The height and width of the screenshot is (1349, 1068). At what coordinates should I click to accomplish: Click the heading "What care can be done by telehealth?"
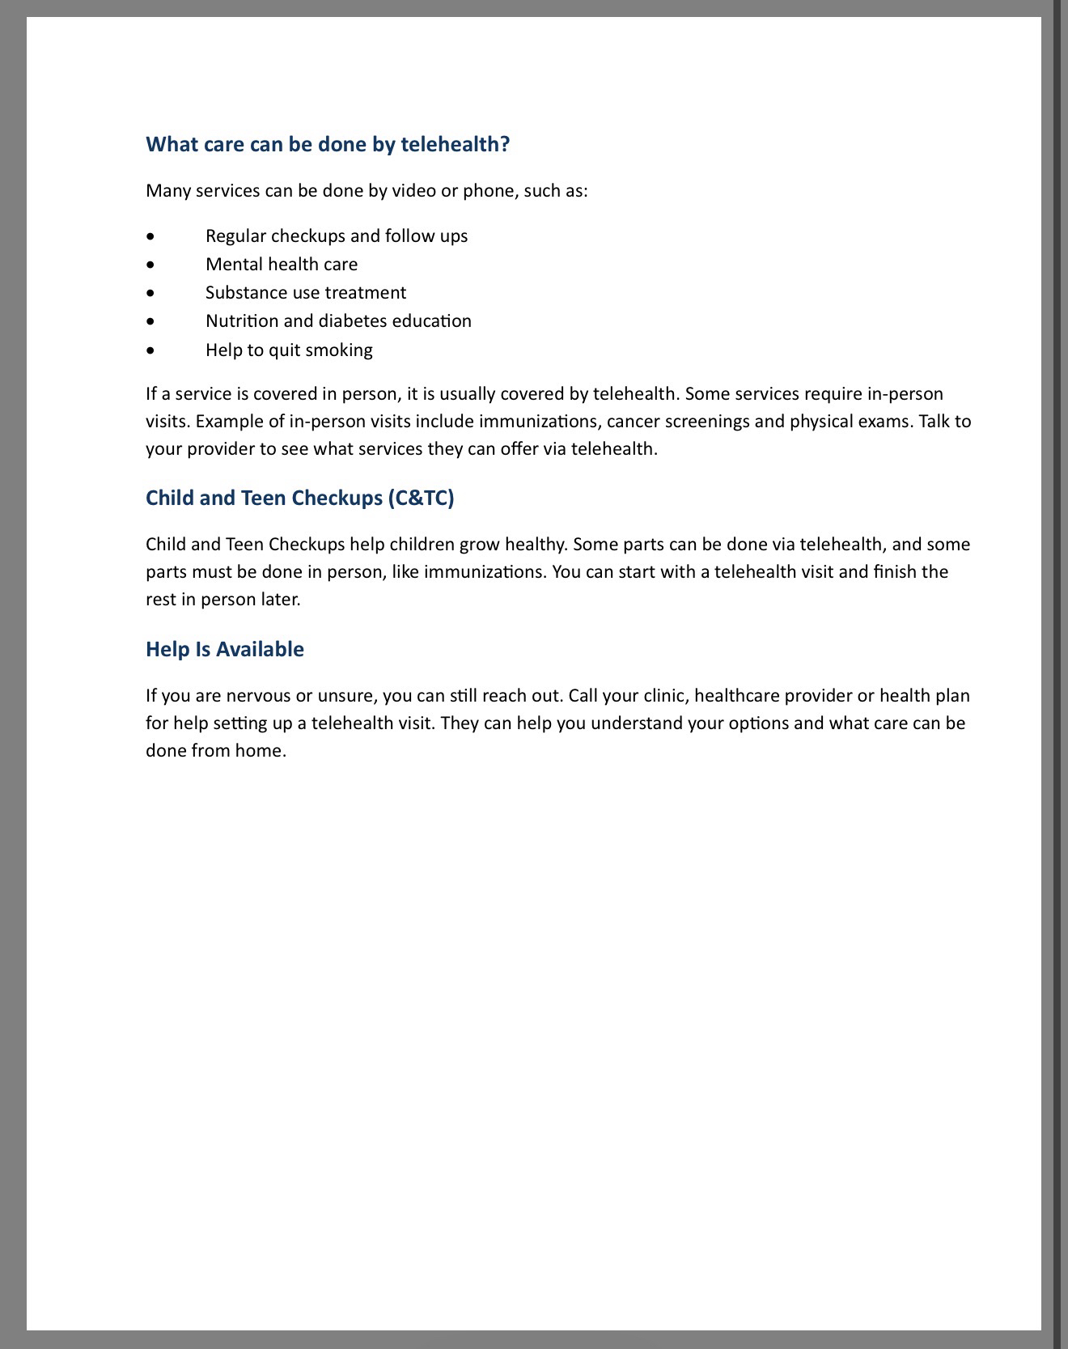[x=328, y=144]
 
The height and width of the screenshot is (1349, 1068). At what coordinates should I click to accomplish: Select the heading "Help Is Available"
[x=225, y=649]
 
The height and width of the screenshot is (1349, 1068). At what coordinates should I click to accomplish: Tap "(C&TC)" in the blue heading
[x=421, y=498]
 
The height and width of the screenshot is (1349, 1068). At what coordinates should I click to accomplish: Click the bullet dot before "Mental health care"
[x=150, y=265]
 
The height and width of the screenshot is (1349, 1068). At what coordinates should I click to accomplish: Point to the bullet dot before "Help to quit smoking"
[x=150, y=350]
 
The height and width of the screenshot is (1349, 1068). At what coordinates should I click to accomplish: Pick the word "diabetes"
[x=353, y=321]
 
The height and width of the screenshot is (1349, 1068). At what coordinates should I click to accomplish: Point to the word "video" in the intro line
[x=414, y=191]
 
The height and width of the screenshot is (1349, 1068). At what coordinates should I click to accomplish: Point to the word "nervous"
[x=264, y=696]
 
